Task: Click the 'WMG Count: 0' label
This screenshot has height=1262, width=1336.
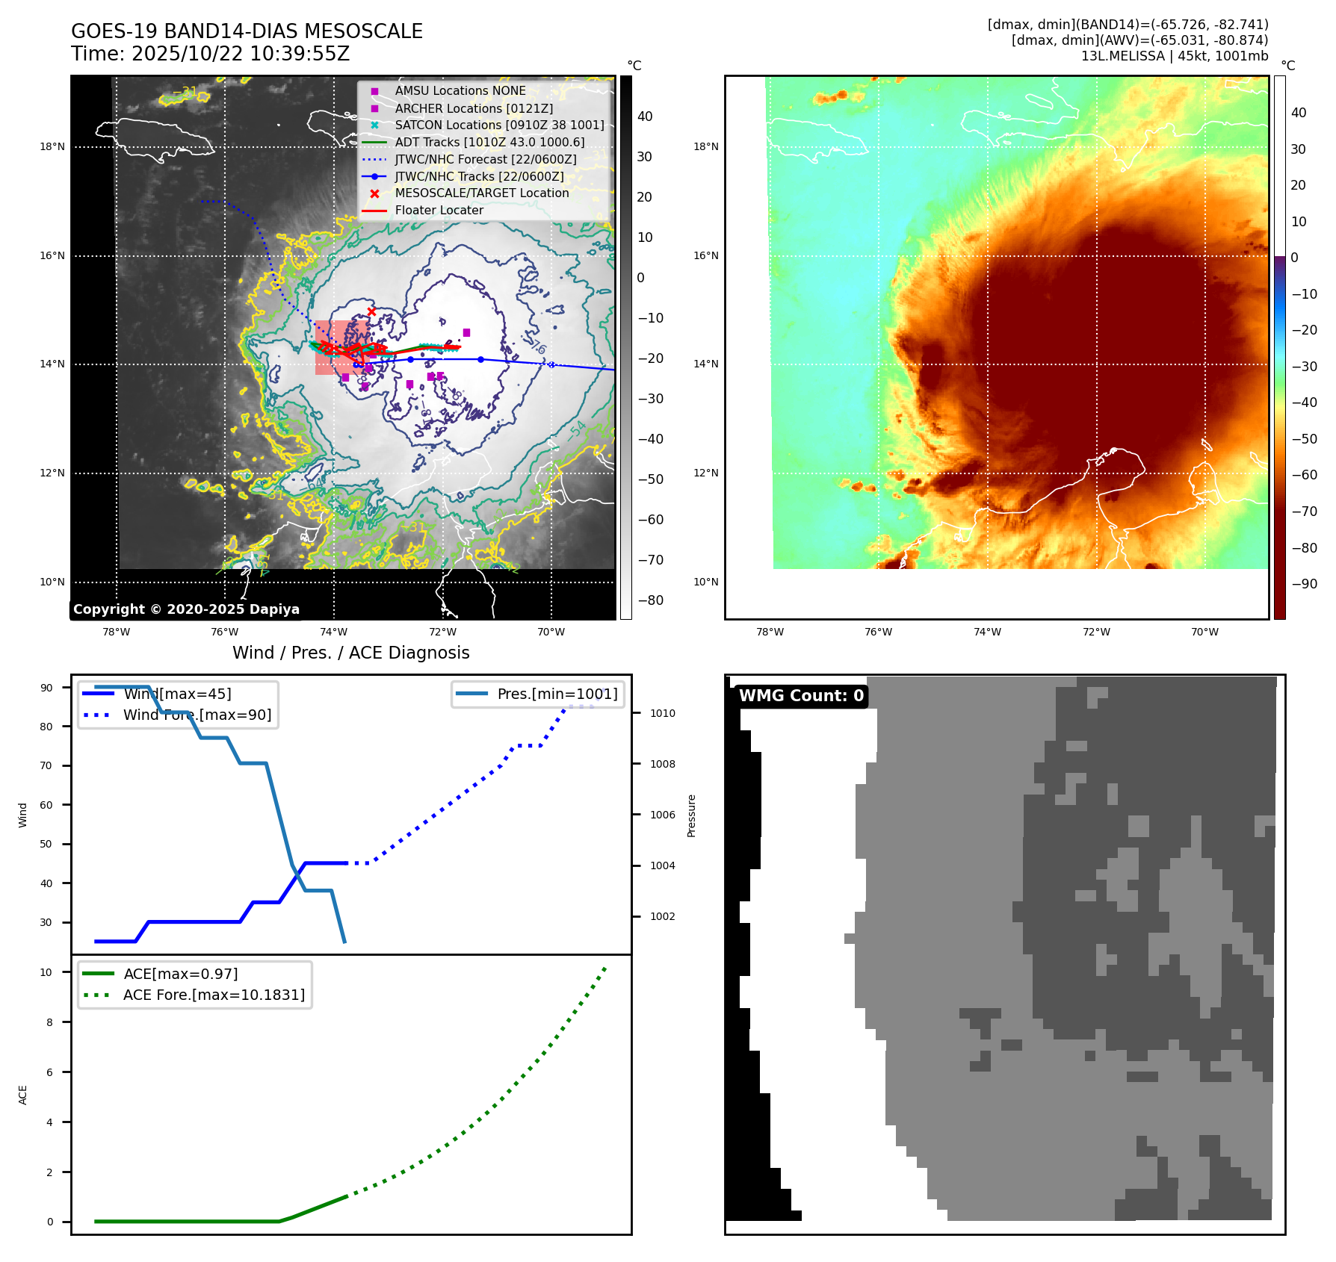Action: coord(801,696)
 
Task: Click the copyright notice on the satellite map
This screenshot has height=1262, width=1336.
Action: coord(186,609)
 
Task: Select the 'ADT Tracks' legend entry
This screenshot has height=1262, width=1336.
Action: coord(489,142)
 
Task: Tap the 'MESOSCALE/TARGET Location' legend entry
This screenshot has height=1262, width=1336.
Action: coord(481,193)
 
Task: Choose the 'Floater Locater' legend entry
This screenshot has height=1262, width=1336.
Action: coord(439,210)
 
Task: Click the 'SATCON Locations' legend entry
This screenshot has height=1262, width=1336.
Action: coord(499,125)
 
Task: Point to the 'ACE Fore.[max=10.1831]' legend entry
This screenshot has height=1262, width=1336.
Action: coord(214,995)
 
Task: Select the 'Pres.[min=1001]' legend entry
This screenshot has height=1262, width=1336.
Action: coord(557,694)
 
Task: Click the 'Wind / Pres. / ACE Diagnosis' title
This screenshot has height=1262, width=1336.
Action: coord(350,653)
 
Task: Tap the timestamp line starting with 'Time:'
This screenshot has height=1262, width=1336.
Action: coord(210,54)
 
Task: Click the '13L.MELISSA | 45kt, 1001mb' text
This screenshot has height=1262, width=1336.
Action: coord(1174,56)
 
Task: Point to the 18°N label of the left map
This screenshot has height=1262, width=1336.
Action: coord(52,147)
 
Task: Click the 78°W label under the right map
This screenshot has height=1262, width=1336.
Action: coord(770,632)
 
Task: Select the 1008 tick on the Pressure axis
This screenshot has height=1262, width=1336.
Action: coord(662,764)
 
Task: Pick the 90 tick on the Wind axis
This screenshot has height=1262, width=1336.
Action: coord(46,688)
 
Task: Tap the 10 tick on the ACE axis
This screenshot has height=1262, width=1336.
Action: coord(46,972)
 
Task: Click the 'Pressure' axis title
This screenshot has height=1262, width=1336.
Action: coord(691,815)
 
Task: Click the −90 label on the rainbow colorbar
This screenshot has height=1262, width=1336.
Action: coord(1304,584)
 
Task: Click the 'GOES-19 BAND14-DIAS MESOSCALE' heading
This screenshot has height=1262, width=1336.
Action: coord(247,31)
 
